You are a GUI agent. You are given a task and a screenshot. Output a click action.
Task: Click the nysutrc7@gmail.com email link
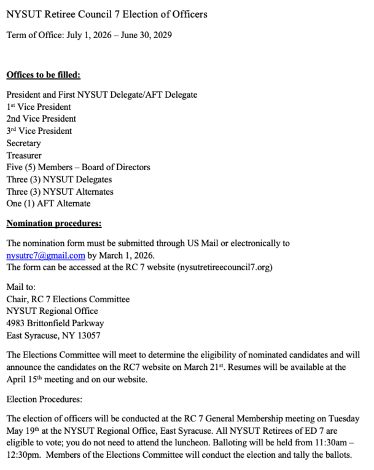[45, 256]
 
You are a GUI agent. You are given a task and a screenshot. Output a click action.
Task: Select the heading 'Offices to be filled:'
[44, 76]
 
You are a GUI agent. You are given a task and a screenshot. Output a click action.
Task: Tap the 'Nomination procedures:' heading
[53, 223]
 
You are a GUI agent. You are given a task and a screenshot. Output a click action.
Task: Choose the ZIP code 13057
[88, 335]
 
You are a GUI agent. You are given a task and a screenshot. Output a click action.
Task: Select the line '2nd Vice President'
[41, 119]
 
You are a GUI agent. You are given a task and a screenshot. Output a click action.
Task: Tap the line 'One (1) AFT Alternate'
[48, 203]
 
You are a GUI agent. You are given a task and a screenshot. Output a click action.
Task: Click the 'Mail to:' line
[21, 287]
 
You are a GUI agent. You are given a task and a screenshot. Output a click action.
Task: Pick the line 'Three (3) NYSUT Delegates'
[59, 179]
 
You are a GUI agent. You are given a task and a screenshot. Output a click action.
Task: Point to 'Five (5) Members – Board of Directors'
[78, 167]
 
